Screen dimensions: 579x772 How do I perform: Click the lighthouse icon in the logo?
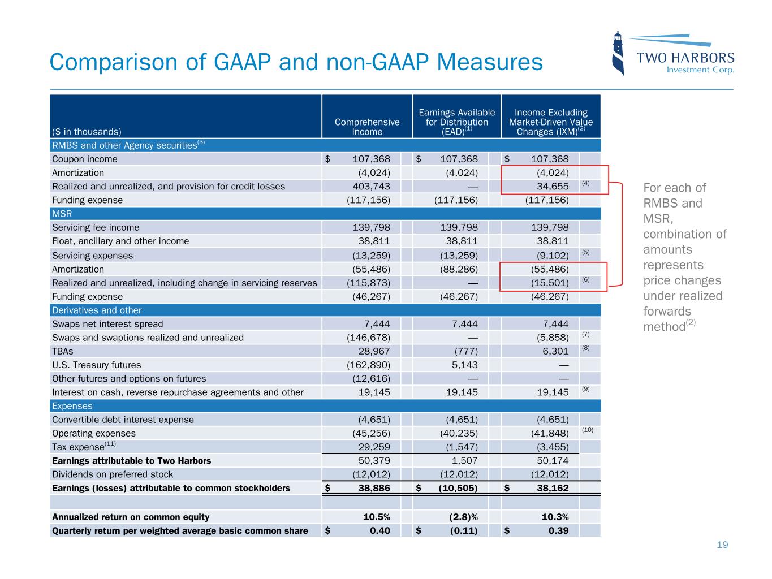pos(619,54)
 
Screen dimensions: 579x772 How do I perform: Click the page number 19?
pos(722,545)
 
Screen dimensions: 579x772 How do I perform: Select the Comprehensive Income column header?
pos(367,127)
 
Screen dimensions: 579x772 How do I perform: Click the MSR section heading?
pos(62,214)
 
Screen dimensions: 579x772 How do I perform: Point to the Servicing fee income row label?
pos(96,228)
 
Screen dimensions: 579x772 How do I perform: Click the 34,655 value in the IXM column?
pos(553,187)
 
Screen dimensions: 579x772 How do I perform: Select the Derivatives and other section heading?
pos(97,310)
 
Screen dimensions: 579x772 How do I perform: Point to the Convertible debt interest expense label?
pos(123,420)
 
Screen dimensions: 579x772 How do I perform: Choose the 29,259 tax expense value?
pos(374,447)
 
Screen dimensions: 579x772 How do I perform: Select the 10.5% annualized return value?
pos(376,517)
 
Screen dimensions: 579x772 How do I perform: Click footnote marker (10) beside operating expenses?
pos(588,430)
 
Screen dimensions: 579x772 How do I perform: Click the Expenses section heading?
pos(72,406)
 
